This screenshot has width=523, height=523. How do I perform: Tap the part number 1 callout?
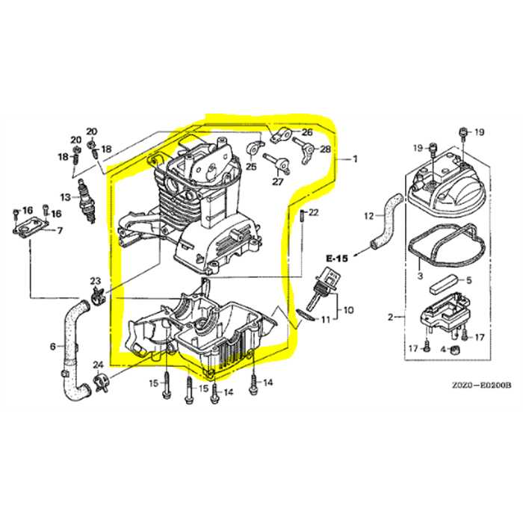[x=355, y=158]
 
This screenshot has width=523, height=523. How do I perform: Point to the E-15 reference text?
[x=338, y=259]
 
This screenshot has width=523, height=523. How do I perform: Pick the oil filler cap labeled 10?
[x=327, y=288]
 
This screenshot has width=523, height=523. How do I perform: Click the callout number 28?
[x=325, y=149]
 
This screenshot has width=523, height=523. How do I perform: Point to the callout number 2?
[x=391, y=318]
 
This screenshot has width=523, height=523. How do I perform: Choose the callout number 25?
[x=250, y=166]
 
